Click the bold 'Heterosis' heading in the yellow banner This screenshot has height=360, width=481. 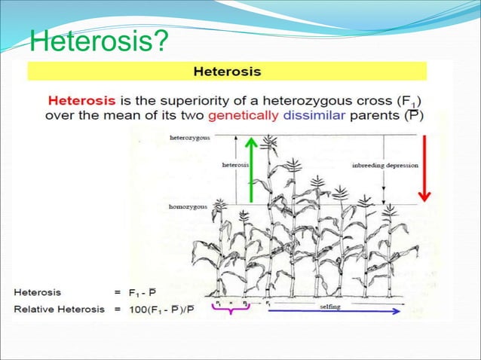click(x=228, y=72)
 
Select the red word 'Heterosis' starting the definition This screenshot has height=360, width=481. click(x=75, y=99)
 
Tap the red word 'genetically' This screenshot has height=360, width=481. click(x=244, y=116)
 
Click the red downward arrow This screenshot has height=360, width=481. click(x=424, y=168)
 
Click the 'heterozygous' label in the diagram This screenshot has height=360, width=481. click(x=190, y=139)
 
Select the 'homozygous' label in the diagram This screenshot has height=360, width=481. click(x=189, y=206)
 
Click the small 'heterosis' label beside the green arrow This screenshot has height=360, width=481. click(x=235, y=163)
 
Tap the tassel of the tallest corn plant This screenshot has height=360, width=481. click(x=268, y=141)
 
